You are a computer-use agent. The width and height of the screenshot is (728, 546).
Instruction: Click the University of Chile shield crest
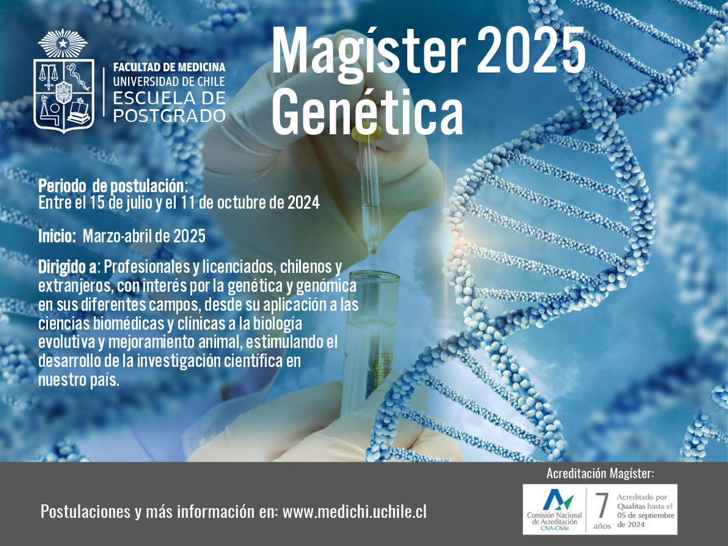[64, 95]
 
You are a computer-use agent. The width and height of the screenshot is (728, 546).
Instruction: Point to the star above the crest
[62, 43]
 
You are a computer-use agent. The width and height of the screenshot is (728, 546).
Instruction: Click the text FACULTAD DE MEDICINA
[169, 67]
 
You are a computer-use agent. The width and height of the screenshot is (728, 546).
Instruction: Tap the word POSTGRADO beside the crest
[169, 116]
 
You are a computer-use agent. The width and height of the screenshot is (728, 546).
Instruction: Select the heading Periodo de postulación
[113, 186]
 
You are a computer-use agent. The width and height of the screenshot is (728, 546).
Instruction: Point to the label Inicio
[57, 237]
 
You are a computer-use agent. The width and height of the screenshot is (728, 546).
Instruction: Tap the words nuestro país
[79, 380]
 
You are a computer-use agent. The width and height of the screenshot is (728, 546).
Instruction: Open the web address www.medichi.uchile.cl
[354, 512]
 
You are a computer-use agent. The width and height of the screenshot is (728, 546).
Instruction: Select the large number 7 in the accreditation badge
[601, 505]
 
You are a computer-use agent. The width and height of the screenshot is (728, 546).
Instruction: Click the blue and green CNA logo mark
[558, 499]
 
